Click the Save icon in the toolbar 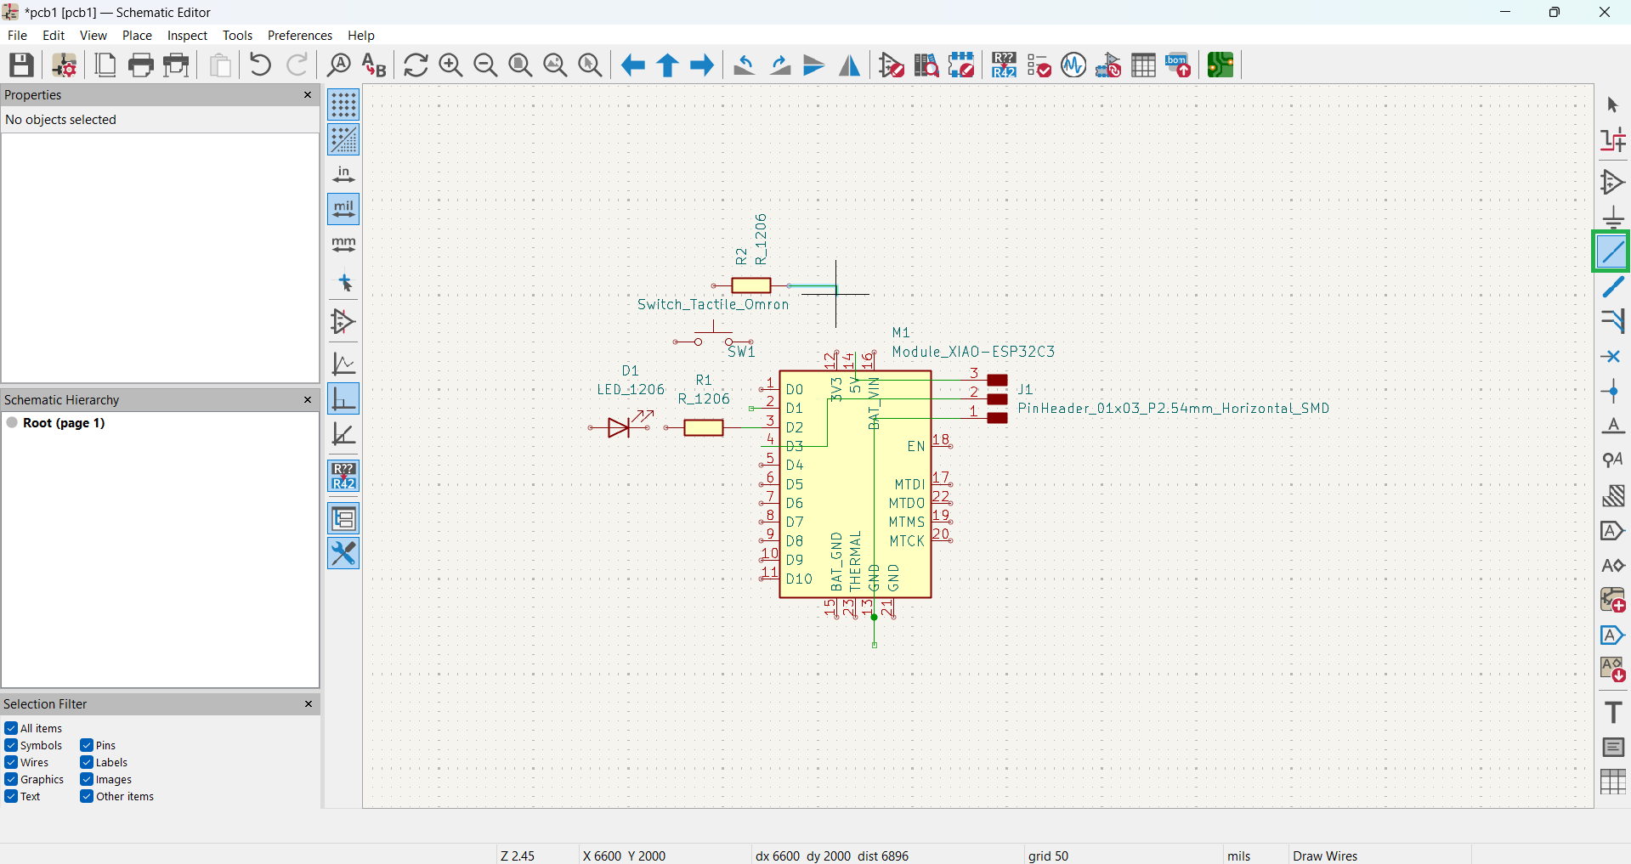21,65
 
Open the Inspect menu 187,36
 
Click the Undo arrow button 261,65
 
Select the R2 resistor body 751,285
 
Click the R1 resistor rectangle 704,427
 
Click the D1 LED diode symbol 620,426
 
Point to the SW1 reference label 741,352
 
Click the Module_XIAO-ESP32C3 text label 973,352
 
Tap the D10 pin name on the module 799,579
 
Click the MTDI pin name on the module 909,484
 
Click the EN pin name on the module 916,447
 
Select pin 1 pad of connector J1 998,418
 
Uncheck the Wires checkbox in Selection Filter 11,762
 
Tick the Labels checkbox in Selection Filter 87,762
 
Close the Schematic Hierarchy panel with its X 308,399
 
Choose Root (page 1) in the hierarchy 64,423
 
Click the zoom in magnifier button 450,65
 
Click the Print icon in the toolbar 141,65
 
